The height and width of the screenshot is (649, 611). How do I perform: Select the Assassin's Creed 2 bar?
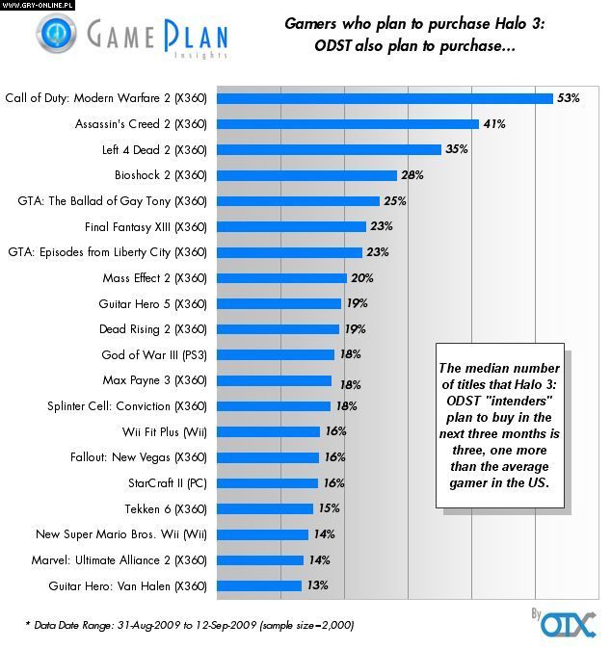tap(347, 124)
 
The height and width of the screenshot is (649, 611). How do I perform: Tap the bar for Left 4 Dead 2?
tap(328, 149)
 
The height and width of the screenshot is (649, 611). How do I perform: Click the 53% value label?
tap(568, 98)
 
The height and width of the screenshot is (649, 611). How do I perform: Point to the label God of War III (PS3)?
tap(154, 354)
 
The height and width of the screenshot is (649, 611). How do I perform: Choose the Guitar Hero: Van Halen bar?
tap(258, 585)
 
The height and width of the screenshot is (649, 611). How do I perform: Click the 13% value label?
tap(317, 585)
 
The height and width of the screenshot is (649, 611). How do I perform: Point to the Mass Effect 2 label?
tap(154, 277)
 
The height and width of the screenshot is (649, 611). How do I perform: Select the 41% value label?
tap(493, 124)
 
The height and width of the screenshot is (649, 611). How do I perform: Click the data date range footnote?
tap(189, 625)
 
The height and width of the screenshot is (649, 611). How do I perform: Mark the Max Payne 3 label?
tap(154, 380)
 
